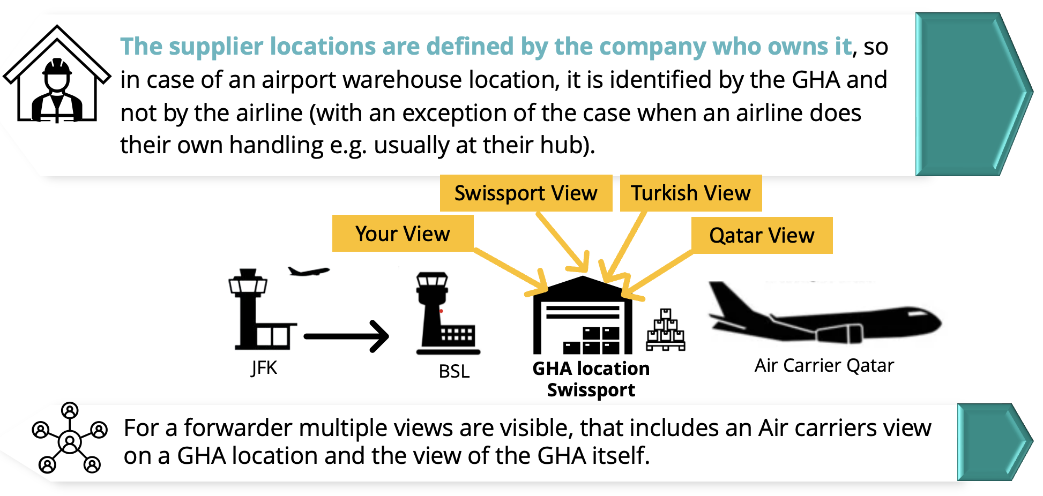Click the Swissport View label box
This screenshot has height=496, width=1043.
click(526, 193)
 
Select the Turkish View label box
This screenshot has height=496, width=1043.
click(690, 193)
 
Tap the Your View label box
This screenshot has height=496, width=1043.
click(403, 234)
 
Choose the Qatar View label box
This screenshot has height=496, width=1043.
click(762, 236)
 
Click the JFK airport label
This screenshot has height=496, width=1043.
click(264, 368)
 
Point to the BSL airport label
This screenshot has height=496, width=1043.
click(454, 371)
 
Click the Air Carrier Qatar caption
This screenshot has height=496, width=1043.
click(824, 366)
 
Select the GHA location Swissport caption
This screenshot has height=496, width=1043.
click(591, 379)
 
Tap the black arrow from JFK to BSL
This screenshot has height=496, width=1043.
click(346, 336)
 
